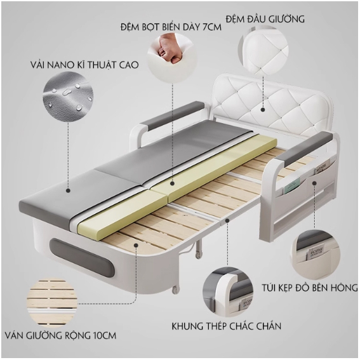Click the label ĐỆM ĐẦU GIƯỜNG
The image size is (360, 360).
coord(265,19)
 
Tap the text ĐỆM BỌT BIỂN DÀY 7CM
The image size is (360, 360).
coord(171,27)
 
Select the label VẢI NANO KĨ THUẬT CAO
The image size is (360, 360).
coord(84,65)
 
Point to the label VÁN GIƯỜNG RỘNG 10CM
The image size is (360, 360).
coord(60,336)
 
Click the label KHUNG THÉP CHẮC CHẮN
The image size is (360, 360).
coord(227,326)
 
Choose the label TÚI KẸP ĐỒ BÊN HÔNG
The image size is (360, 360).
coord(310,288)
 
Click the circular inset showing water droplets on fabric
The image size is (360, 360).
coord(68,97)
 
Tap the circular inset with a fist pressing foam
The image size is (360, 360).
coord(172,57)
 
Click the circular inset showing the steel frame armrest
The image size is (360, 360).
coord(228,291)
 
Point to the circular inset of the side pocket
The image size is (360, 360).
coord(316,255)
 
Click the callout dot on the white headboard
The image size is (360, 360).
coord(263,110)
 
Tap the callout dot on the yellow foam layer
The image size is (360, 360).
coord(173,183)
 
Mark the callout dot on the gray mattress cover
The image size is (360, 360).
coord(68,190)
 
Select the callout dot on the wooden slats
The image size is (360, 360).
coord(136,245)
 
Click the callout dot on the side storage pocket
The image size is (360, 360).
coord(314,183)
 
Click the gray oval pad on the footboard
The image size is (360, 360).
coord(81,258)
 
